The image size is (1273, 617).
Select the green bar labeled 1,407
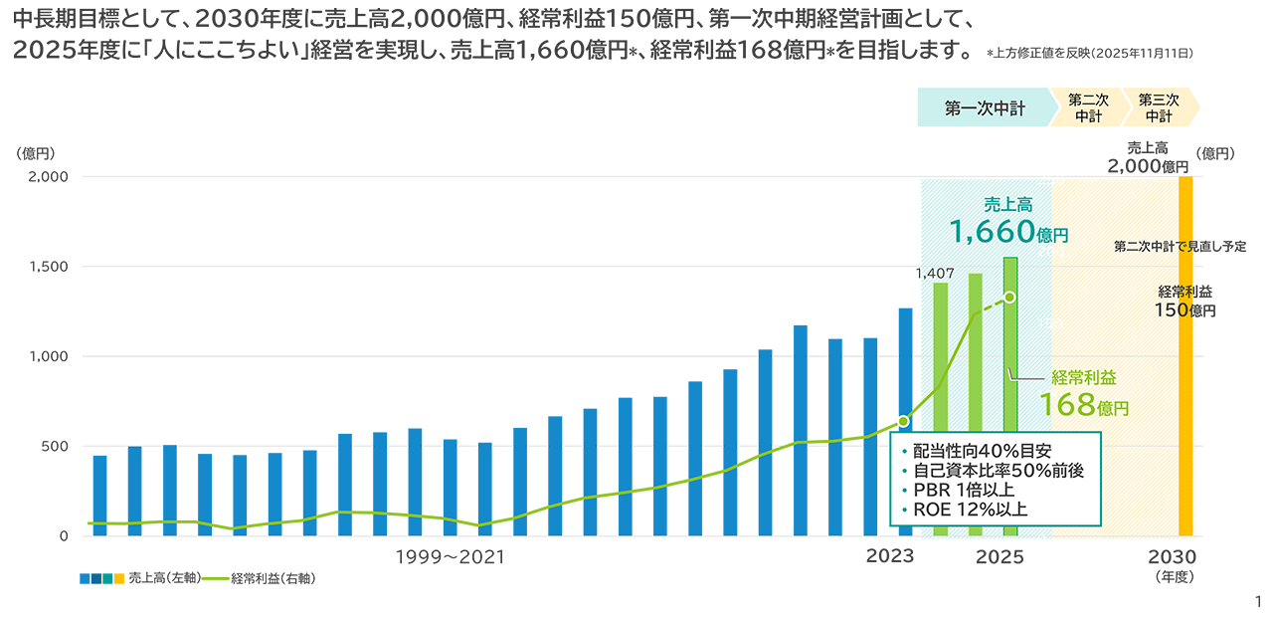[940, 409]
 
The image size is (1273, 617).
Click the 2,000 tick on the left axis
[46, 177]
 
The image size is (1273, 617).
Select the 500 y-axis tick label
[53, 446]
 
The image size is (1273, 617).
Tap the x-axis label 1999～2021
[450, 557]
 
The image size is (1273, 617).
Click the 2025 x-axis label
[1000, 557]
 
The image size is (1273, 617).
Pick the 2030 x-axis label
[1172, 557]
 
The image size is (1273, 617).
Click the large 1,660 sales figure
[992, 234]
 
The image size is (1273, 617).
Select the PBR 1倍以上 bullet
[965, 489]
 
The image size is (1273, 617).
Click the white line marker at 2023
[903, 421]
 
